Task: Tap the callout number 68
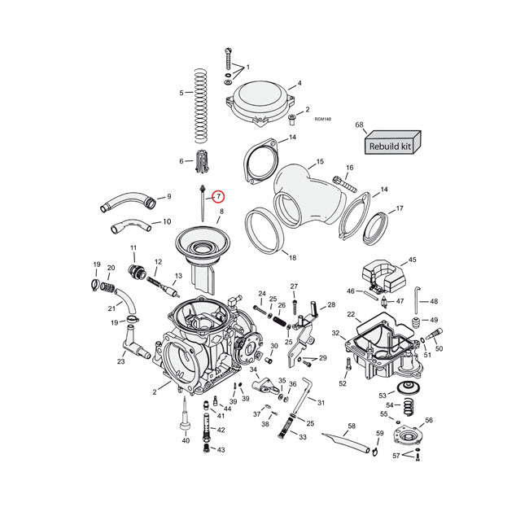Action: pyautogui.click(x=359, y=125)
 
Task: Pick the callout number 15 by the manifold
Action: pyautogui.click(x=320, y=162)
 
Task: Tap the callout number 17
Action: pyautogui.click(x=399, y=209)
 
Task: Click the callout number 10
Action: pyautogui.click(x=167, y=221)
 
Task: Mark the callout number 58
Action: pyautogui.click(x=352, y=426)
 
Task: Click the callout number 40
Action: pyautogui.click(x=186, y=441)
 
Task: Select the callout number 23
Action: pyautogui.click(x=120, y=362)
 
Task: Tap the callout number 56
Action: pyautogui.click(x=429, y=421)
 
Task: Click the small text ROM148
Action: pyautogui.click(x=323, y=119)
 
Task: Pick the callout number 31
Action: pyautogui.click(x=321, y=403)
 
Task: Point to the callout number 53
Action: pyautogui.click(x=383, y=395)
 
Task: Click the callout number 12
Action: pyautogui.click(x=159, y=261)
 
